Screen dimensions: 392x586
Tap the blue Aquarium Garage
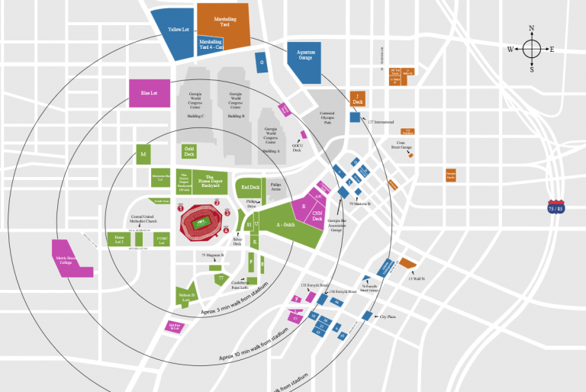(x=305, y=55)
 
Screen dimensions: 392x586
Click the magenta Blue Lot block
(x=149, y=93)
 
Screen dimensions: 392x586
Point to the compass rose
(x=532, y=50)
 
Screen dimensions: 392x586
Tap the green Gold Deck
(x=188, y=152)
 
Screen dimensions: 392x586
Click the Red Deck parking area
(x=250, y=187)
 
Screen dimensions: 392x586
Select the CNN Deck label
(x=317, y=217)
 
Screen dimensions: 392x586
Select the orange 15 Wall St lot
(x=408, y=264)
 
